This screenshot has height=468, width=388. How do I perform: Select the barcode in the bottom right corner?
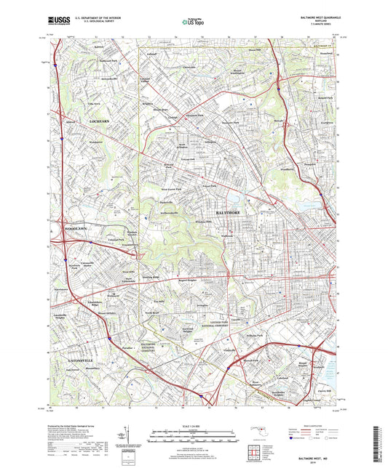(x=379, y=445)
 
